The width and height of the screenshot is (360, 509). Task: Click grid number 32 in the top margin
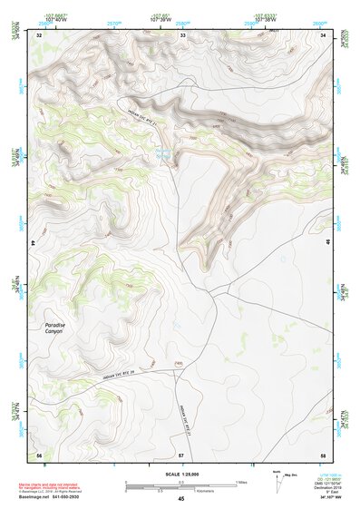[x=40, y=34]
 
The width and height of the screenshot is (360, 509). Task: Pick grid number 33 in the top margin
[x=182, y=34]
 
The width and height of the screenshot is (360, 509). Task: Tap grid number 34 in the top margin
[x=324, y=34]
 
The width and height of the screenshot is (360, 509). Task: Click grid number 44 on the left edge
[x=34, y=243]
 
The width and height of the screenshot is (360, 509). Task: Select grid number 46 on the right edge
[x=327, y=243]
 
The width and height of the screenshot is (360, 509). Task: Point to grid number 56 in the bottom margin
[x=39, y=454]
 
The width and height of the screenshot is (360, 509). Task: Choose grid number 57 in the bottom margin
[x=181, y=454]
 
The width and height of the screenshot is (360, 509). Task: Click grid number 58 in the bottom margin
[x=323, y=454]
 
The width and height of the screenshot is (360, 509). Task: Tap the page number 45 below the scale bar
[x=181, y=499]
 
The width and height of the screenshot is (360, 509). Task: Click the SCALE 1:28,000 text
[x=181, y=474]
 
